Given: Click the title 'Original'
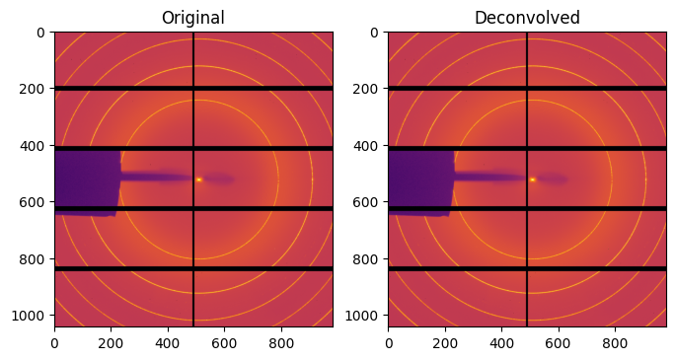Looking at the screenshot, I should coord(193,18).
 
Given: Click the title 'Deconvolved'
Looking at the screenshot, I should coord(527,18).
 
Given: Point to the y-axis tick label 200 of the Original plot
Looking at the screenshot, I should coord(36,89).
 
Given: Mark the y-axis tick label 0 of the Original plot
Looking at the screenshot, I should coord(41,33).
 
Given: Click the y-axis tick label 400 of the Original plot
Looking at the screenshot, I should coord(36,146).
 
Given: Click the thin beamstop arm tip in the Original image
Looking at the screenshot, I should coord(188,178).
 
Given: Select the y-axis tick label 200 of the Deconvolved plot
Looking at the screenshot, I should coord(369,89).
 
